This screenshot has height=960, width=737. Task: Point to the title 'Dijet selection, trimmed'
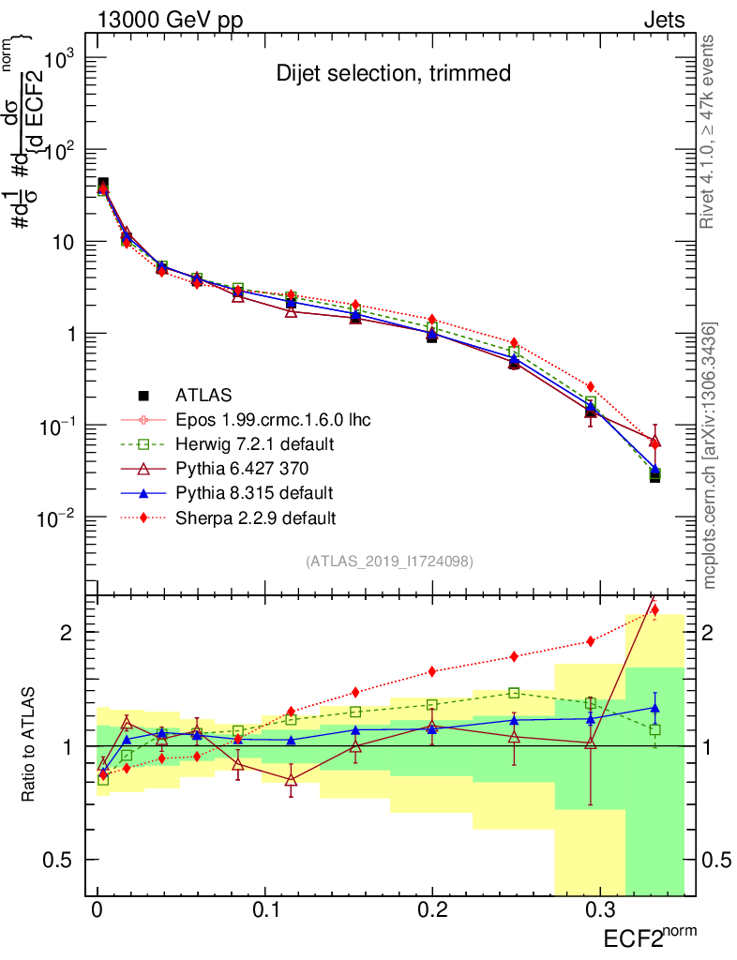(x=393, y=73)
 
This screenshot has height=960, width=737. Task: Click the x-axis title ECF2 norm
(x=650, y=935)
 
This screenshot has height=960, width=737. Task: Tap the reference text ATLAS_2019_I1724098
(x=388, y=562)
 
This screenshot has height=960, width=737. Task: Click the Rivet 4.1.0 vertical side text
(x=710, y=131)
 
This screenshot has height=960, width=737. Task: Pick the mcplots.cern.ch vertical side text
(x=710, y=455)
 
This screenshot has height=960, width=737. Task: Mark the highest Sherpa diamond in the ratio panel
(x=654, y=610)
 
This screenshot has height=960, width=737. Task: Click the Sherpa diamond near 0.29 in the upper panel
(x=590, y=386)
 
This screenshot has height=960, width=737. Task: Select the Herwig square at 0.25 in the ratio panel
(x=514, y=693)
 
